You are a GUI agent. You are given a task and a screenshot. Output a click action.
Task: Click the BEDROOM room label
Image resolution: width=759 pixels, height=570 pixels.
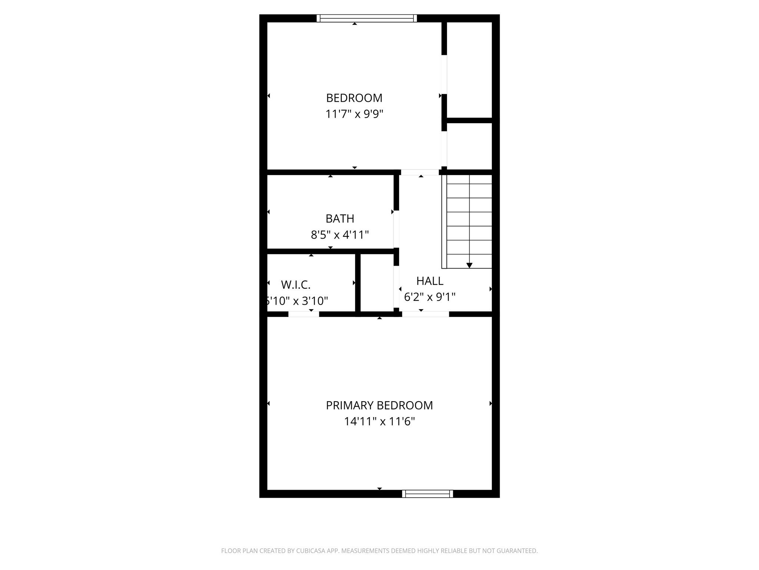tap(354, 98)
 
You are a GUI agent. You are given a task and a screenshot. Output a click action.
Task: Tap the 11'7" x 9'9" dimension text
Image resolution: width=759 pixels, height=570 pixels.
tap(354, 114)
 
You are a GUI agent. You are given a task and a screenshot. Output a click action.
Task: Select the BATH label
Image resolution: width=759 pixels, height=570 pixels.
tap(340, 219)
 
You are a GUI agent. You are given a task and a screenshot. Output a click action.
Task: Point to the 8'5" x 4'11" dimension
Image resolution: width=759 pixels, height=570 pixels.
tap(340, 235)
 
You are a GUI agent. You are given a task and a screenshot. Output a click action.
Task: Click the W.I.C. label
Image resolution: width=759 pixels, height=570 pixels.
tap(296, 285)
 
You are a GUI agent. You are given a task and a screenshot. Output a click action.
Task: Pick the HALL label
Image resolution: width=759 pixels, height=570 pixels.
tap(430, 281)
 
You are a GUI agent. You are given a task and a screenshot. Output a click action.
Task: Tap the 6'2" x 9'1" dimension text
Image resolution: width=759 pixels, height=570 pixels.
tap(430, 297)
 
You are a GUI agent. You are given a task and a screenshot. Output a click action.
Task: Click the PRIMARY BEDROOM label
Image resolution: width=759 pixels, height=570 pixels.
tap(379, 406)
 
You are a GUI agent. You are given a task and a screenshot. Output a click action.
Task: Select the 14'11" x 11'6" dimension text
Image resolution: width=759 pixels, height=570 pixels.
tap(379, 422)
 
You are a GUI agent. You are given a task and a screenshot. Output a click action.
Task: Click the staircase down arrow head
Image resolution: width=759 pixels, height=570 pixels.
tap(469, 265)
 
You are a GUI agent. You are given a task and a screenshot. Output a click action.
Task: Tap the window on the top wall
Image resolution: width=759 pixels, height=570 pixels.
tap(367, 19)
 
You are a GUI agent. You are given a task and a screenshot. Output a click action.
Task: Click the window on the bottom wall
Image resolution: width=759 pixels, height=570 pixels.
tap(427, 494)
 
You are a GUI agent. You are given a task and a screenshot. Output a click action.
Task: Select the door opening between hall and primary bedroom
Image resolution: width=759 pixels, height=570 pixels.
tap(425, 314)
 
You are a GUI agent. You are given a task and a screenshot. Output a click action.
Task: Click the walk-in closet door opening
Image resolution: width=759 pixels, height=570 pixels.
tap(304, 314)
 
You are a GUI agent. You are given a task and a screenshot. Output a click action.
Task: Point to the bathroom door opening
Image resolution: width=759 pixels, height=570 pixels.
tap(396, 229)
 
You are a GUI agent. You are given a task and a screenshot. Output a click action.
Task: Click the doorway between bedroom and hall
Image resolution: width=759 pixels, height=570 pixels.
tap(420, 172)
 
